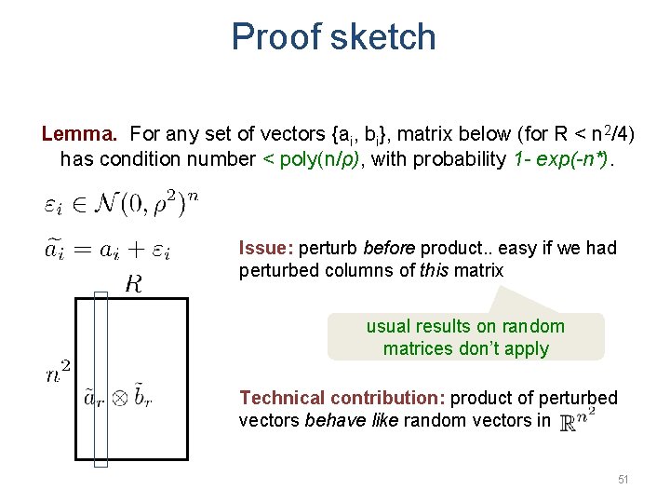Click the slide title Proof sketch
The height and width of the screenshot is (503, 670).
click(x=333, y=37)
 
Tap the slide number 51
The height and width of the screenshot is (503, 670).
click(x=623, y=479)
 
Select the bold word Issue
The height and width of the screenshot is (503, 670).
click(x=266, y=248)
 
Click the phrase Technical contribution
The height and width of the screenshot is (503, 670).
click(x=341, y=398)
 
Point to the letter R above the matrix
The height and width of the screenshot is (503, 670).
click(x=134, y=284)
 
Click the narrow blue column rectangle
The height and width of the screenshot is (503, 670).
click(x=101, y=378)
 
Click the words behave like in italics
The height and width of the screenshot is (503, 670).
click(x=350, y=420)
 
